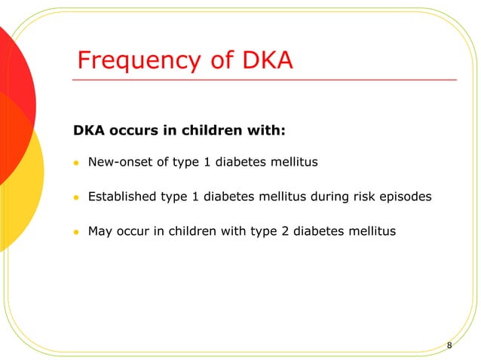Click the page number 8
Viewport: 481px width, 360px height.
[449, 345]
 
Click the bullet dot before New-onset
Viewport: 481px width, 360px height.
[76, 163]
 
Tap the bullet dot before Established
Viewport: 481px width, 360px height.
[76, 198]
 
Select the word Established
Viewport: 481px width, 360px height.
[122, 197]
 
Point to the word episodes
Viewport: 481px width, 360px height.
[406, 197]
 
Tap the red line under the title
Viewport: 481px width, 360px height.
[264, 78]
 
